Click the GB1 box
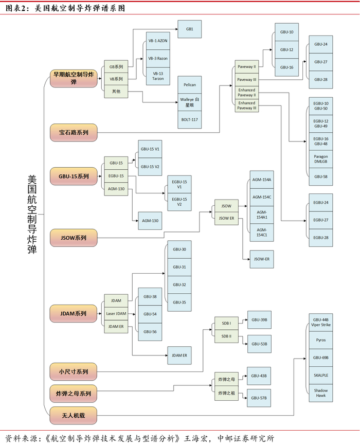189,29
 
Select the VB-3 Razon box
158,59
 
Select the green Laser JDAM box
116,313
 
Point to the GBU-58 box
321,176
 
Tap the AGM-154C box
262,197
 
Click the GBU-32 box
179,284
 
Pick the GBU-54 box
150,314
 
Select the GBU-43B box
259,376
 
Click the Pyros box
321,340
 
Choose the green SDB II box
226,336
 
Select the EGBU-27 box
321,220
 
